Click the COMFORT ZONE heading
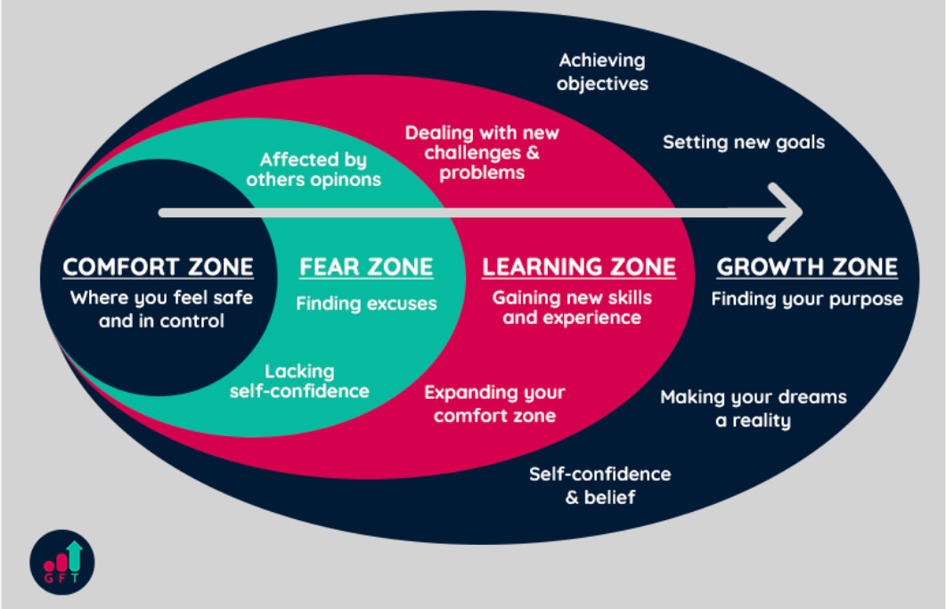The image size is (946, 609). pos(158,267)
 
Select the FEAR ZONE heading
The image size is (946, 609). pos(366,267)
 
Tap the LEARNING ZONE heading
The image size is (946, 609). pos(579,267)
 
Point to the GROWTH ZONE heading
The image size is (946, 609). pos(807,267)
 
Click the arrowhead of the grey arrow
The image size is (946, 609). pos(788,212)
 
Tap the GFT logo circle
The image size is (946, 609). pos(61,562)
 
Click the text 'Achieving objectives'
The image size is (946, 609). pos(602,72)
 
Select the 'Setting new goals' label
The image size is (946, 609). pos(744,142)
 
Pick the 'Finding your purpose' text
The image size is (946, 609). pos(807,299)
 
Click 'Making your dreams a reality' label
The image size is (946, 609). pos(754,409)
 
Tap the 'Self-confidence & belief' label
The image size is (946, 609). pos(600,485)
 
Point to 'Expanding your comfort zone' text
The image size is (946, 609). pos(494,403)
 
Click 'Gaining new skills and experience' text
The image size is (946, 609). pos(572,307)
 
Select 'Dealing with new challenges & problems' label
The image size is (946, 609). pos(482,152)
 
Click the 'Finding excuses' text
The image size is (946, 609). pos(366,304)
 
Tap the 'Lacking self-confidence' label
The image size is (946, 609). pos(299,380)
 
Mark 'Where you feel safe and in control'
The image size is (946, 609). pos(161,309)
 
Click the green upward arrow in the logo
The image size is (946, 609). pos(74,554)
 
